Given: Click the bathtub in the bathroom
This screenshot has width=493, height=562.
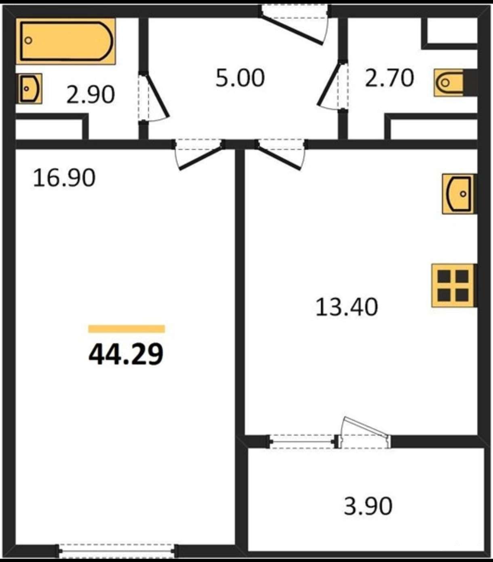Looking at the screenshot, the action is [x=65, y=42].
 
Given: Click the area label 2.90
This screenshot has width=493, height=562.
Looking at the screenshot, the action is [x=91, y=95].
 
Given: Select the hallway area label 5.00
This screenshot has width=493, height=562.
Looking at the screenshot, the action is [x=240, y=78].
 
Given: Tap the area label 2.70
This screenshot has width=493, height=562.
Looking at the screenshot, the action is [x=389, y=78].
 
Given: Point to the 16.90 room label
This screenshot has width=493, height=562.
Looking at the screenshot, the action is [x=64, y=178].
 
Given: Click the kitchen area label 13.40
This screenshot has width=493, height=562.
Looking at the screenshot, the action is [x=347, y=307].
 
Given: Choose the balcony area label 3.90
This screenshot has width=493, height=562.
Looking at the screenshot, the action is [x=368, y=506].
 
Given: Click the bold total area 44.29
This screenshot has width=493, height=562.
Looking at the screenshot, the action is [x=126, y=354].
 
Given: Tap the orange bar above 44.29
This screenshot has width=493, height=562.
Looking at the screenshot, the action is [x=126, y=329].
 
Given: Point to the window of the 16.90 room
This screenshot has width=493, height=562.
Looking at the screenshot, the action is [x=117, y=550].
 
